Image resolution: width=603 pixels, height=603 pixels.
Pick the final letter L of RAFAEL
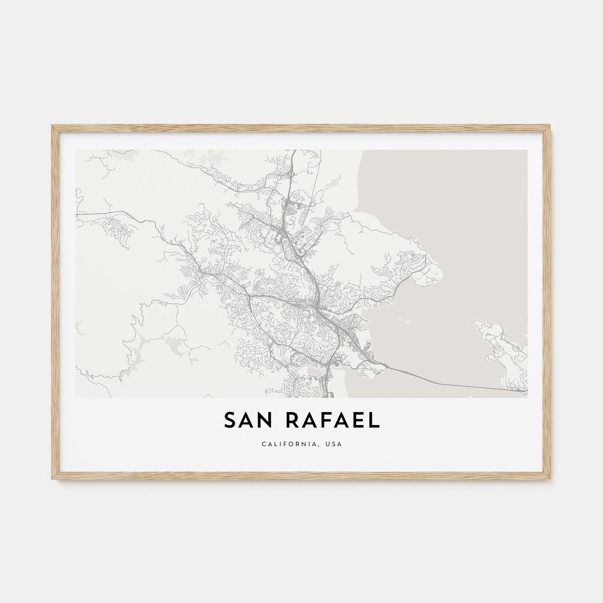374,421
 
